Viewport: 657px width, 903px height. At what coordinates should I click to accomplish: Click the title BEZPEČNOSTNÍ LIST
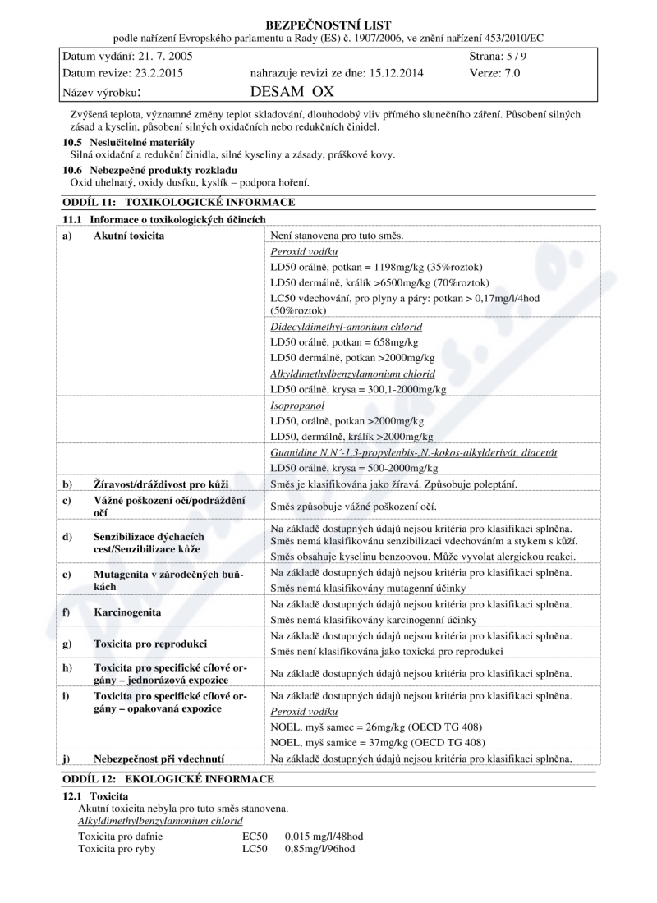pos(328,25)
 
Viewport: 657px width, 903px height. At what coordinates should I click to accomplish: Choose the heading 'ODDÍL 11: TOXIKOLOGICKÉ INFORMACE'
pos(178,202)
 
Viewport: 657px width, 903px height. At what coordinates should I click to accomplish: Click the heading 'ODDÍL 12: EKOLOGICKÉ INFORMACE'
pos(168,778)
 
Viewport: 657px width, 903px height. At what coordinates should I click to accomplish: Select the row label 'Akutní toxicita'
pos(129,236)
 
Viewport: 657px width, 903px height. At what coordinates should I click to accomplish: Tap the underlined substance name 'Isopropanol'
pos(297,406)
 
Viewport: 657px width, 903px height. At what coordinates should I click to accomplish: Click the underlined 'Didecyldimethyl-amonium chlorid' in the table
pos(347,327)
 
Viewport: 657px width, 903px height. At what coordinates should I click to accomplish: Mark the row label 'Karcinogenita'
pos(127,612)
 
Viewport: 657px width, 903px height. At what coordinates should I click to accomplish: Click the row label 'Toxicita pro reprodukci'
pos(150,644)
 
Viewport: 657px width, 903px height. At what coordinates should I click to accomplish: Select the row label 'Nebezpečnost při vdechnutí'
pos(159,758)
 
